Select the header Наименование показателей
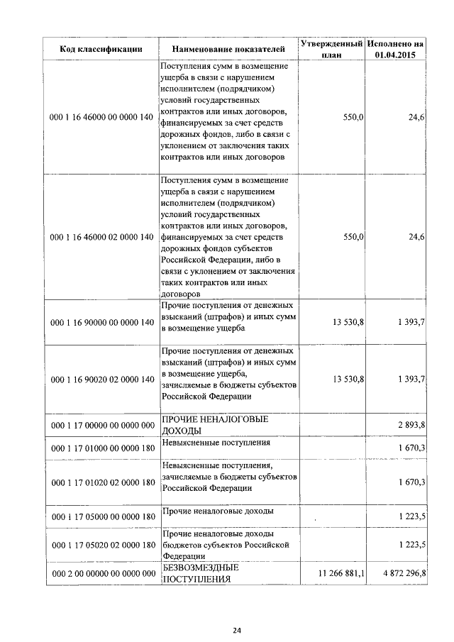tap(228, 49)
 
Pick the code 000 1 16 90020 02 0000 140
tap(102, 380)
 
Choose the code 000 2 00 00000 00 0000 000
tap(102, 573)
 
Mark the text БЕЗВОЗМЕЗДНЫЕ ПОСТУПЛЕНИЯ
tap(201, 573)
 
